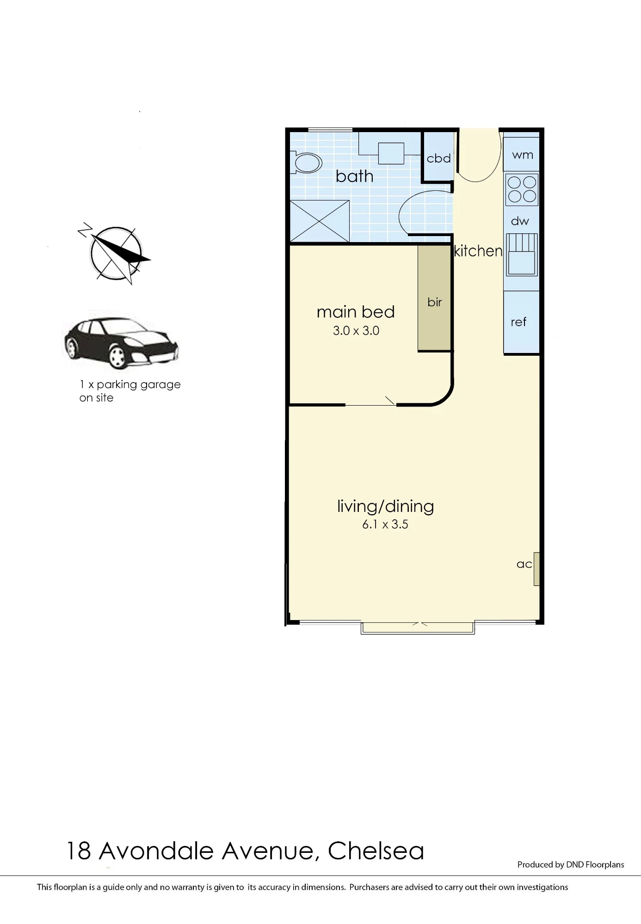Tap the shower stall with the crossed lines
(x=320, y=221)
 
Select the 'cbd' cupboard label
(x=438, y=158)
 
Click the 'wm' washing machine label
(x=523, y=155)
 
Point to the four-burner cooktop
(x=522, y=189)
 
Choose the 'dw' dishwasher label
(x=520, y=221)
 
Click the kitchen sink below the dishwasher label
(x=522, y=255)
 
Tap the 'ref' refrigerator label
(x=518, y=322)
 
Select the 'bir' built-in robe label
(x=435, y=302)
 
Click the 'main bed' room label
(x=356, y=312)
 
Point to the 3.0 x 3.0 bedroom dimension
(x=356, y=331)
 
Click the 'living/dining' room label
(x=385, y=506)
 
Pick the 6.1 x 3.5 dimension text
(x=385, y=524)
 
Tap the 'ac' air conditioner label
(x=524, y=564)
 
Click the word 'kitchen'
(x=478, y=251)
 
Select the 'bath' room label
(x=355, y=176)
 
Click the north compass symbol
(x=115, y=253)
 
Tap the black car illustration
(x=121, y=343)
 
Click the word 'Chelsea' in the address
(x=376, y=851)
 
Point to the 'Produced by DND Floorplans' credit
(x=571, y=864)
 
